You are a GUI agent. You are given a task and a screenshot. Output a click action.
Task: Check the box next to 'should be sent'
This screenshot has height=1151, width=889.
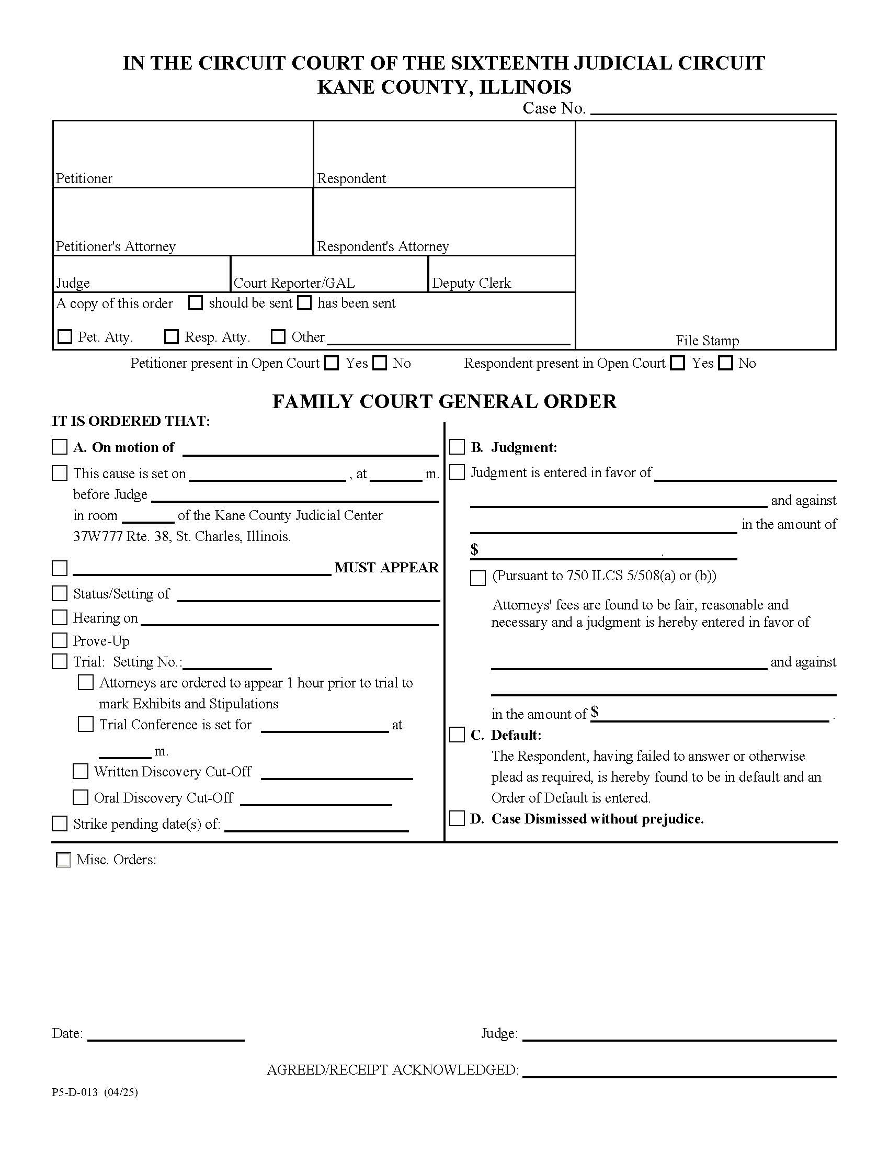point(196,303)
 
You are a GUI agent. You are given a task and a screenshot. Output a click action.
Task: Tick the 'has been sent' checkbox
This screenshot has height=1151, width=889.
point(304,303)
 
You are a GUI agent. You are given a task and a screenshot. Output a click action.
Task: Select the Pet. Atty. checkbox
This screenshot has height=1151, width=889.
point(65,337)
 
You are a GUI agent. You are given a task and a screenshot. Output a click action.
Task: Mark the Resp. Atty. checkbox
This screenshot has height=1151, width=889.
point(172,337)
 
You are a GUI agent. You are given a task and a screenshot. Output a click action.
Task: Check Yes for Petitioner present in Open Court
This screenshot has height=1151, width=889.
point(332,363)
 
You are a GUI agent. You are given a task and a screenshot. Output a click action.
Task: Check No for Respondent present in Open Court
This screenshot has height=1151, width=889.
point(726,363)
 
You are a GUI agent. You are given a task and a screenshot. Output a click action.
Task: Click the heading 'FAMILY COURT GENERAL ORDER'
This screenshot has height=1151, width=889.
point(444,402)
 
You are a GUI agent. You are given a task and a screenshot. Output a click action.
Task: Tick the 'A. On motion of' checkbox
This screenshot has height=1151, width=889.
point(60,447)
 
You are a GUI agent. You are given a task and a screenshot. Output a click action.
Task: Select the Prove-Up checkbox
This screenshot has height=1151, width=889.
point(60,641)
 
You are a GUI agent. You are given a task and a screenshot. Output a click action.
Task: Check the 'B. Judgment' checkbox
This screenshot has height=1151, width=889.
point(457,447)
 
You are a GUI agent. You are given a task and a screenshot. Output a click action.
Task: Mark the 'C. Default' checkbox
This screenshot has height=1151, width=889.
point(457,735)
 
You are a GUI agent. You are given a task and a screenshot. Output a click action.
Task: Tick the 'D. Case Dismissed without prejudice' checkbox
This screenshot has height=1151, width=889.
point(457,819)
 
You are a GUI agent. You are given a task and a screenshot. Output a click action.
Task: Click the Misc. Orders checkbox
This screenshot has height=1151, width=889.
point(63,861)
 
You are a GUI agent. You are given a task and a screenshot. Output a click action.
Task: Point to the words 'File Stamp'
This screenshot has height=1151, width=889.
point(708,341)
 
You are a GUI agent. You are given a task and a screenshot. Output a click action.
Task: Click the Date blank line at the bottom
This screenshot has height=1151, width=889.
point(166,1034)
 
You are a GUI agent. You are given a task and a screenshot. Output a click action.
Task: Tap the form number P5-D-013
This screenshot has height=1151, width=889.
point(75,1092)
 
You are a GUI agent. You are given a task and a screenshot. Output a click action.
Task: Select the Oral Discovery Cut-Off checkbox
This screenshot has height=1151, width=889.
point(81,798)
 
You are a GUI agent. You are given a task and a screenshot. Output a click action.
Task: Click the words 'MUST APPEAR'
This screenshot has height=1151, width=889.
point(386,568)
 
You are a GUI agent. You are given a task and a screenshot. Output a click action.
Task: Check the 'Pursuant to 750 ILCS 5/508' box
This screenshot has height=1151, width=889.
point(477,578)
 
